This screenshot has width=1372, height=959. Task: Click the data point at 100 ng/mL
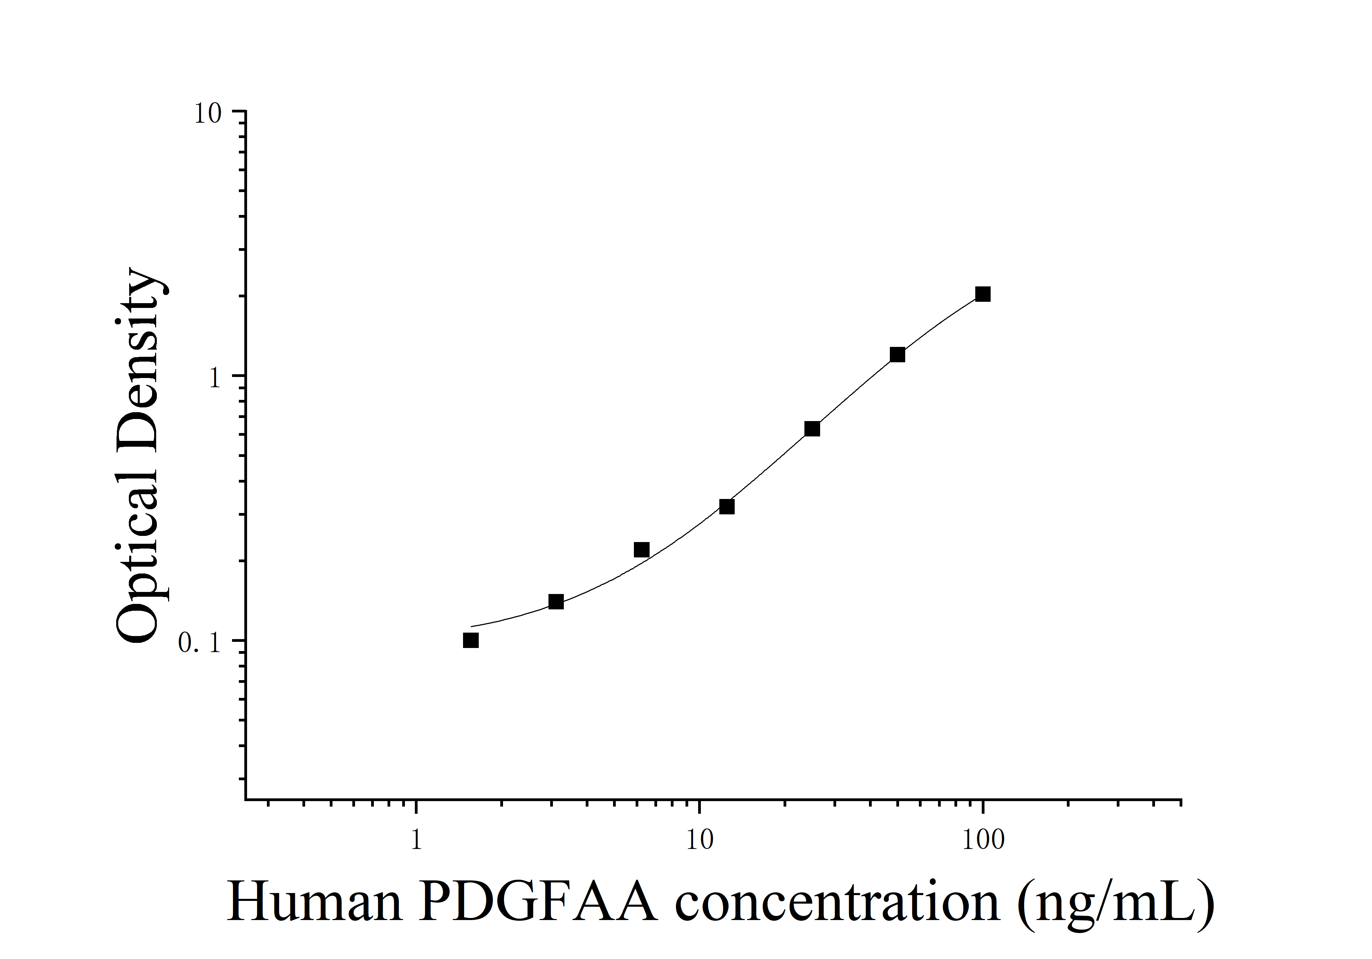click(982, 294)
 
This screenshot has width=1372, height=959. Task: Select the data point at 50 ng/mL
click(897, 355)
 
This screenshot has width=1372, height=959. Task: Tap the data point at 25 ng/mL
click(812, 429)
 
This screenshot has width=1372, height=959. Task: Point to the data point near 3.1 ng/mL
click(556, 602)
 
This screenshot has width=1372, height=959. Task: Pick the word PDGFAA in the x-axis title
click(538, 902)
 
